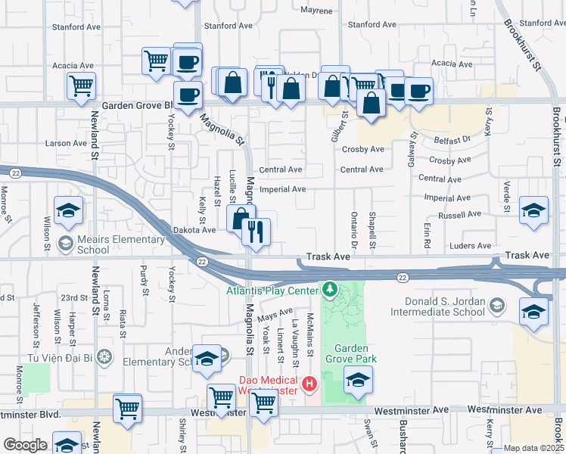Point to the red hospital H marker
point(309,385)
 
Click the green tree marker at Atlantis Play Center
point(329,289)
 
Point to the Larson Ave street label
point(66,143)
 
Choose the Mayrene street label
point(316,11)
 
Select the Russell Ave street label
point(464,214)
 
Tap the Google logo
point(25,445)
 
